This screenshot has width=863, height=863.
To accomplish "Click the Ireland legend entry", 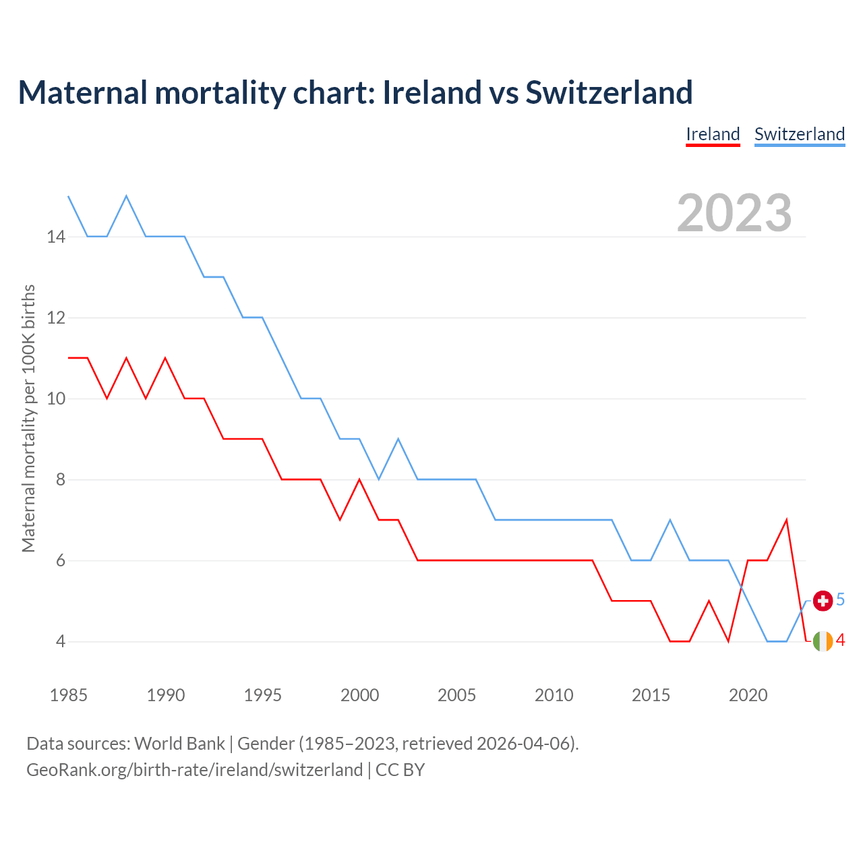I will click(713, 134).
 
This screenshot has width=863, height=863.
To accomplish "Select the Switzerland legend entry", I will click(799, 134).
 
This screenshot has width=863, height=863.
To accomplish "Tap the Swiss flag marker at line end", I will click(823, 600).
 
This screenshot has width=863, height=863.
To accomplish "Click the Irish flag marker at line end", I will click(823, 641).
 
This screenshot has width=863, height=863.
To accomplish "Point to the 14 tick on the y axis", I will click(56, 237).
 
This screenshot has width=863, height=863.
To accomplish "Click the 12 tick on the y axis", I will click(56, 318).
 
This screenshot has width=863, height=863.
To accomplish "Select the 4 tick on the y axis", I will click(61, 641).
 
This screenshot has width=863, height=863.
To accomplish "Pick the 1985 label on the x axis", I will click(69, 695).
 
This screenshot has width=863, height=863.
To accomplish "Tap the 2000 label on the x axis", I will click(359, 695).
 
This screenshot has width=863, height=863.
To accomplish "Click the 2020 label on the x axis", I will click(748, 695).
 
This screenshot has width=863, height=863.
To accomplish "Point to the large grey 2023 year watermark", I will click(734, 213).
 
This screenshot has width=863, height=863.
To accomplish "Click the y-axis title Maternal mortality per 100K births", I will click(28, 418).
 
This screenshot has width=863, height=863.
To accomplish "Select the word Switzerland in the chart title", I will click(609, 92).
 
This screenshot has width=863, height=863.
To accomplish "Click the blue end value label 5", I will click(841, 599).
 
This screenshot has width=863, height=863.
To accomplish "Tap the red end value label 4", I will click(841, 641).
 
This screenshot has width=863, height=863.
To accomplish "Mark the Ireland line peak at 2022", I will click(787, 520).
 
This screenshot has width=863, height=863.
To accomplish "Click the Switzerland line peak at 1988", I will click(126, 196).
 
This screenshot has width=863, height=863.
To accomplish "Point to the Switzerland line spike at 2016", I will click(670, 520).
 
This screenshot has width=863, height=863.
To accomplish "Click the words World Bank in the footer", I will click(179, 744).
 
